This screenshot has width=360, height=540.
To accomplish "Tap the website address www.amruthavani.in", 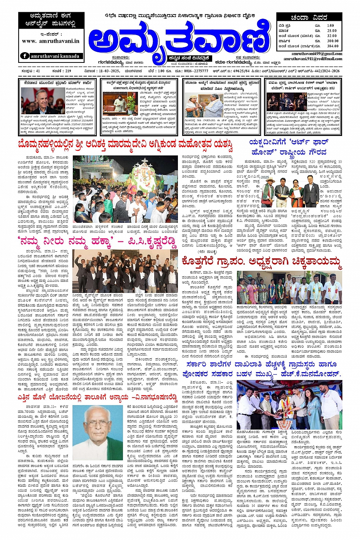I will [51, 41].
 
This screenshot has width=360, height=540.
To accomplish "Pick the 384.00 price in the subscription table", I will [332, 46].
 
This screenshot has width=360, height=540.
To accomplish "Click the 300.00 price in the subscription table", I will [332, 41].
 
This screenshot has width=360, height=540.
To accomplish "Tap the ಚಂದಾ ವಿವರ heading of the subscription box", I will [309, 18].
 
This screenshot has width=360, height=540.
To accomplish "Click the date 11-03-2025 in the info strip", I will [109, 71].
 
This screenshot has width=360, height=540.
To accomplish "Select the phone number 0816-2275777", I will [196, 71].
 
